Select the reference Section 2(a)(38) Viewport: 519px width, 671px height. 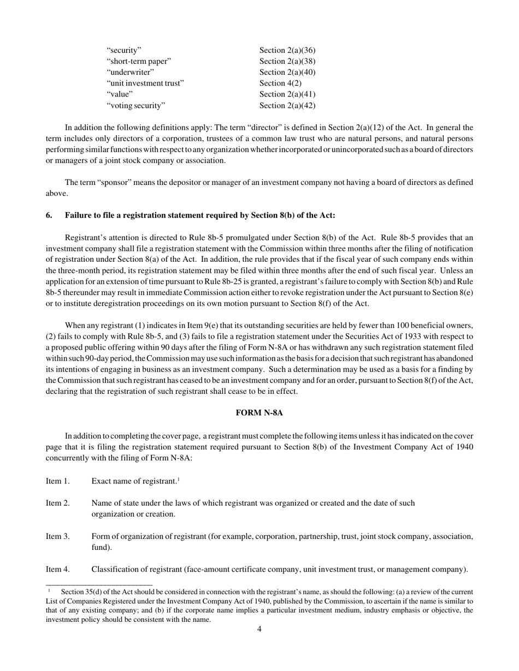[287, 61]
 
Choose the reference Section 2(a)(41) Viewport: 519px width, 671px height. [287, 94]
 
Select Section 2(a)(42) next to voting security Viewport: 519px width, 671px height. [287, 105]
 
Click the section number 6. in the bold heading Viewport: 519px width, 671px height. [49, 215]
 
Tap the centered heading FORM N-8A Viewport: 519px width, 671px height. [259, 413]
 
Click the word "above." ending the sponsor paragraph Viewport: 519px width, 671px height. [57, 193]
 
